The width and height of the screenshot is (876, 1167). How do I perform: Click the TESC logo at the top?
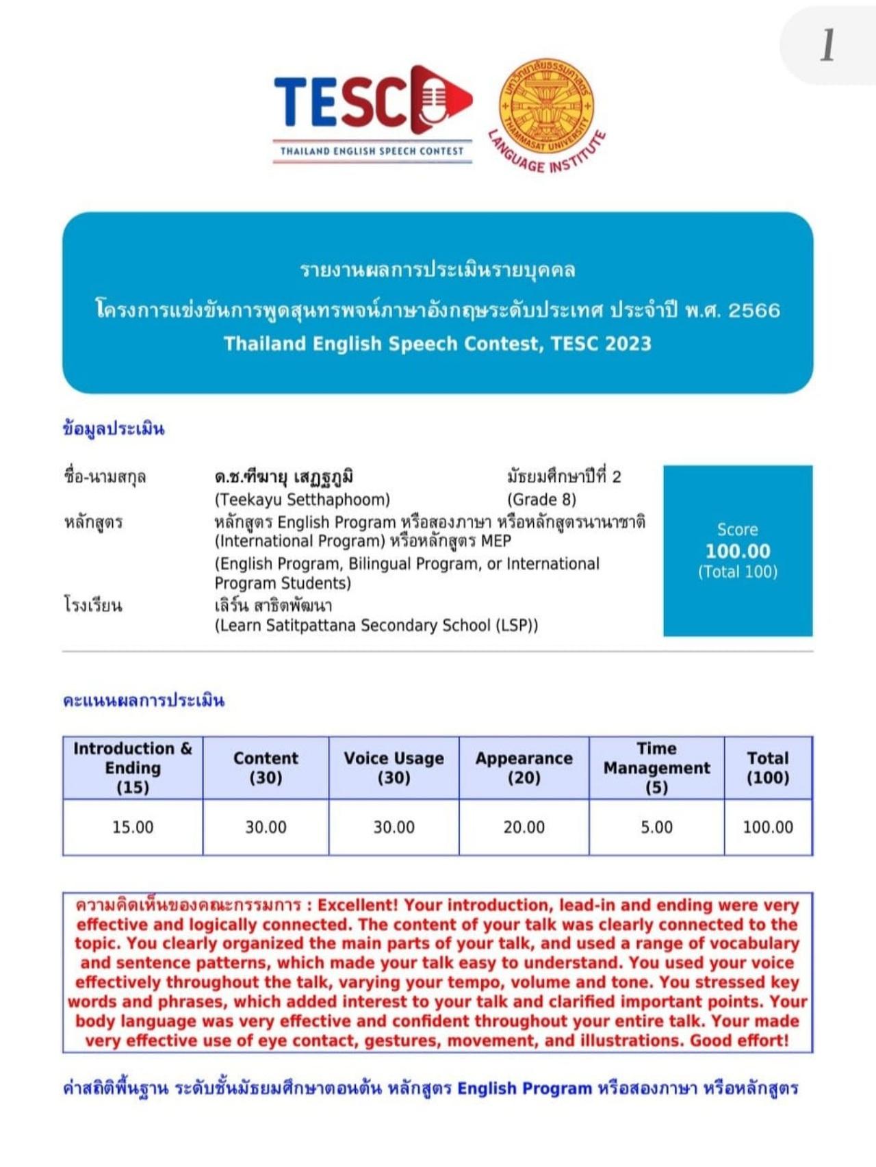[373, 113]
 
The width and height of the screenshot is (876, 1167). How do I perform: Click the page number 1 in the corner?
[828, 46]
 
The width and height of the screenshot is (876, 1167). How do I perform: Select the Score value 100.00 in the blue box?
[738, 551]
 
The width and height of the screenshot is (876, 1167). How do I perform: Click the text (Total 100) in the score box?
[738, 572]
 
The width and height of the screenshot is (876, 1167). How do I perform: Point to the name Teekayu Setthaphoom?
[302, 499]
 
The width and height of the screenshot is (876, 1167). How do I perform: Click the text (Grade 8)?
[541, 499]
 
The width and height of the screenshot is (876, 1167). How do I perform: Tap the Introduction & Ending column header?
[133, 767]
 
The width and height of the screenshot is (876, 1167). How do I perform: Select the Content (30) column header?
[266, 767]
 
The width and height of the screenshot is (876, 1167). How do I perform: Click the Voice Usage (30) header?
[394, 767]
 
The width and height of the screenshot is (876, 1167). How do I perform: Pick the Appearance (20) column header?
[524, 767]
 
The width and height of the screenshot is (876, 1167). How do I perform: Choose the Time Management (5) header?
[656, 767]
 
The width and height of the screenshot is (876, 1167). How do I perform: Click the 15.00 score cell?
[133, 827]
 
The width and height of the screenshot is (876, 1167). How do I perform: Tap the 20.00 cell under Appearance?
[524, 827]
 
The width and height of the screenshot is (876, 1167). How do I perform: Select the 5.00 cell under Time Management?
[656, 827]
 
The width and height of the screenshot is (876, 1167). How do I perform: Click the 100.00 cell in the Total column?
[768, 827]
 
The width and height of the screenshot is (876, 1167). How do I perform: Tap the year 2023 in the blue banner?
[628, 344]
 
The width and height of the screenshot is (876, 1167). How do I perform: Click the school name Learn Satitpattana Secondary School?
[376, 625]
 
